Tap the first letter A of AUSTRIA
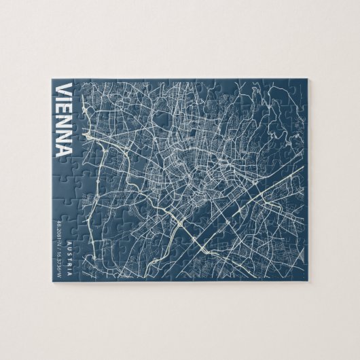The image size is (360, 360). coord(69,242)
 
